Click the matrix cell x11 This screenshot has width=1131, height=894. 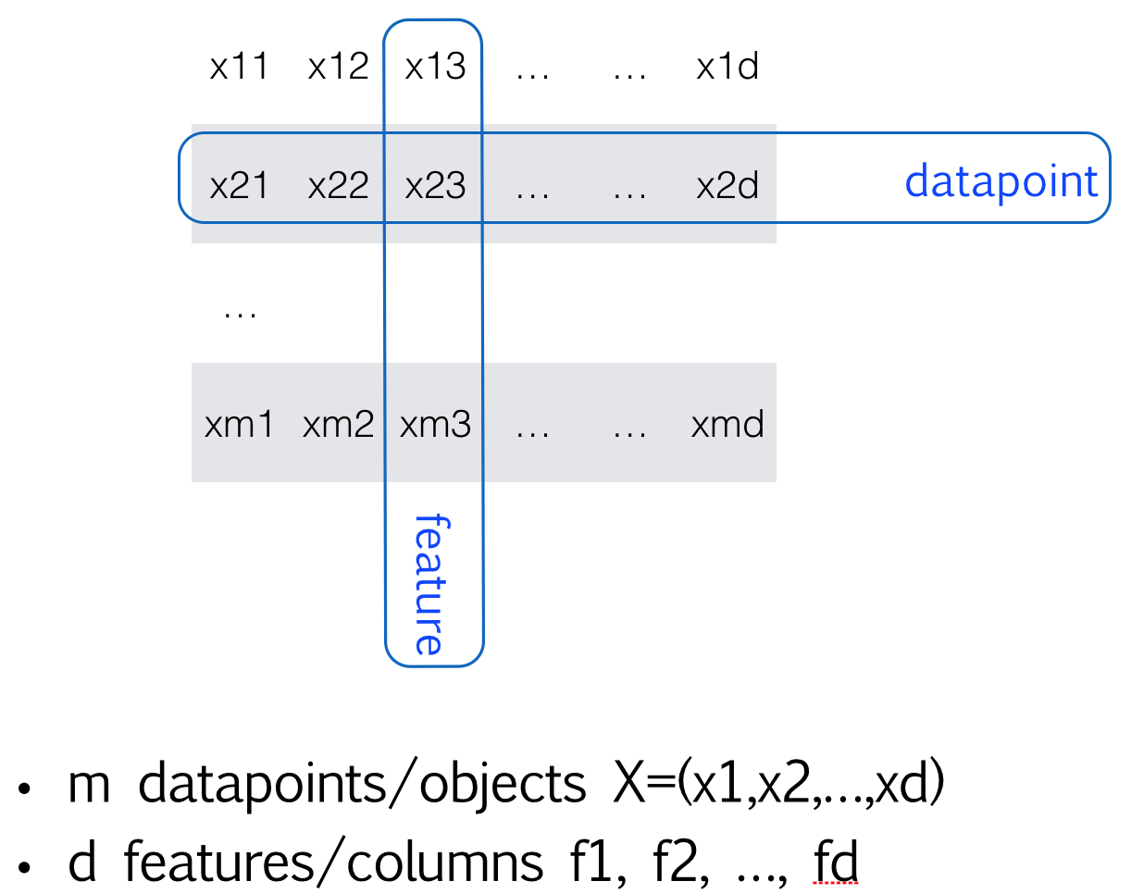pyautogui.click(x=239, y=68)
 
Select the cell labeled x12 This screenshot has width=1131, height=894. pyautogui.click(x=338, y=68)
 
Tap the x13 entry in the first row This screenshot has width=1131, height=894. pyautogui.click(x=435, y=68)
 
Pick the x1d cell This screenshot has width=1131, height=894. pyautogui.click(x=727, y=68)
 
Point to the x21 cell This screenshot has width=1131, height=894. pyautogui.click(x=239, y=185)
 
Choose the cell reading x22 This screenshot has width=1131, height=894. pyautogui.click(x=338, y=185)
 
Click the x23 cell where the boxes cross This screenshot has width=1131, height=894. pyautogui.click(x=435, y=185)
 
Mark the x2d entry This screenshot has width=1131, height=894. pyautogui.click(x=727, y=185)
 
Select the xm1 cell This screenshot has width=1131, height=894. pyautogui.click(x=239, y=425)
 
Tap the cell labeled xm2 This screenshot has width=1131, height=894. pyautogui.click(x=338, y=425)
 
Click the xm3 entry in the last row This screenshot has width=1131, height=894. pyautogui.click(x=435, y=425)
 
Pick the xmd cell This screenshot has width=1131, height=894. pyautogui.click(x=727, y=425)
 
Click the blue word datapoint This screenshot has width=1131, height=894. pyautogui.click(x=1001, y=181)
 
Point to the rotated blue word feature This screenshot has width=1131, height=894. pyautogui.click(x=429, y=584)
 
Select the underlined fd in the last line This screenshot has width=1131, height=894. pyautogui.click(x=836, y=863)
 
